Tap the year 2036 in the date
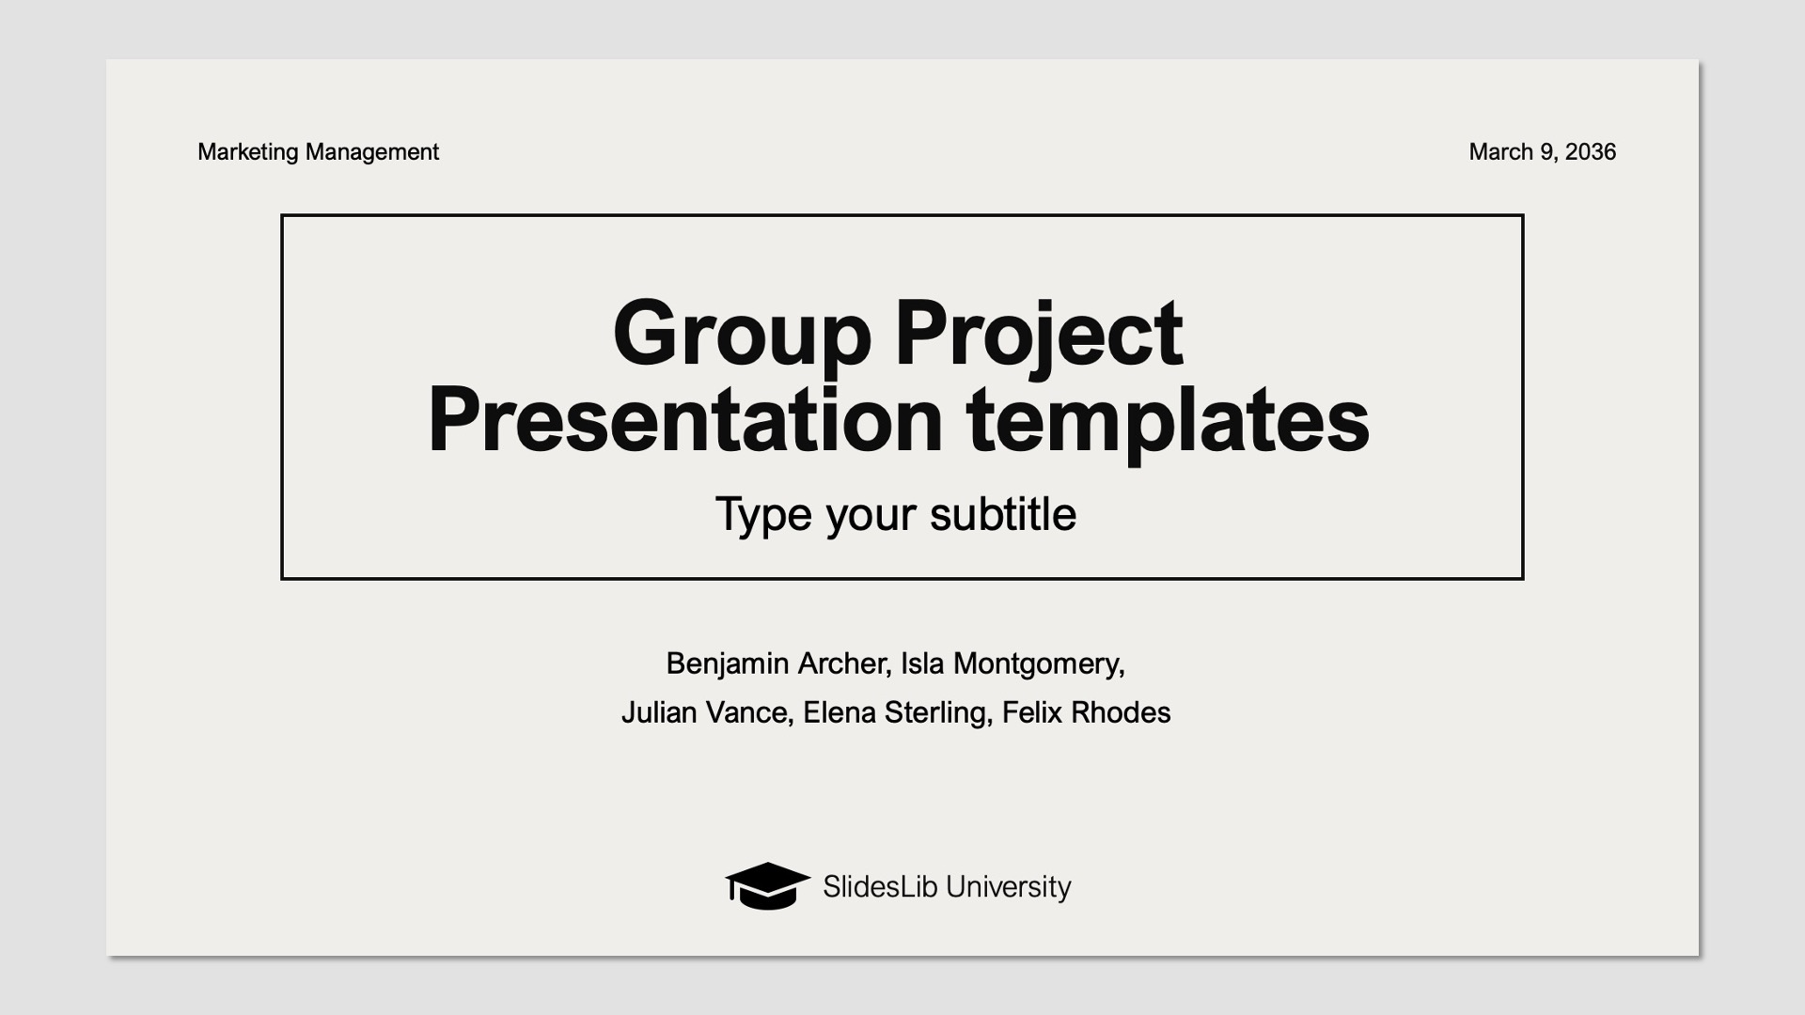click(1591, 152)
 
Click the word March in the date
click(1500, 152)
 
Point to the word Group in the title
click(741, 335)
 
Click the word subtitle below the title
click(1002, 514)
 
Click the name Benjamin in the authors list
click(728, 664)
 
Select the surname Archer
click(842, 664)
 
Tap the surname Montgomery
click(1038, 664)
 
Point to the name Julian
click(659, 712)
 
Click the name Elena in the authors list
click(840, 712)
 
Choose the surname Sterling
click(937, 712)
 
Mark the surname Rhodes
click(1121, 712)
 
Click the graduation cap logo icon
click(767, 885)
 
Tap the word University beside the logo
click(1008, 886)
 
